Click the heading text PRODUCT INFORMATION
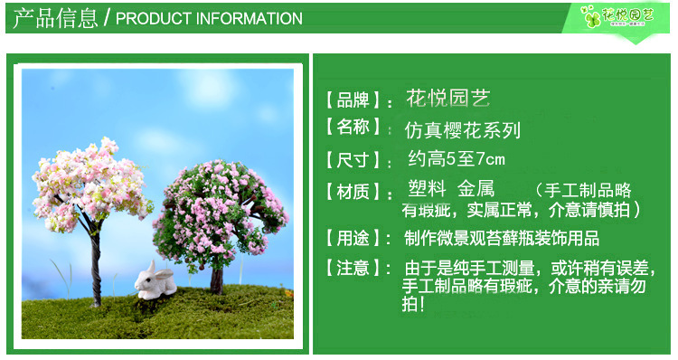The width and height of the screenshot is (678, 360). pyautogui.click(x=209, y=18)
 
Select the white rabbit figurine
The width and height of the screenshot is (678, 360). pyautogui.click(x=155, y=283)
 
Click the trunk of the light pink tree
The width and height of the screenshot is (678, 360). pyautogui.click(x=97, y=262)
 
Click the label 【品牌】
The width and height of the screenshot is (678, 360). pyautogui.click(x=354, y=99)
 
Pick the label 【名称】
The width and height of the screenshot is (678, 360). pyautogui.click(x=354, y=128)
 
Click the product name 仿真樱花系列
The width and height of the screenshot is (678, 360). pyautogui.click(x=463, y=129)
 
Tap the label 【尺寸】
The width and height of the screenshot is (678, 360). pyautogui.click(x=354, y=160)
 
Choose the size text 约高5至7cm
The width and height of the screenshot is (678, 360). pyautogui.click(x=456, y=160)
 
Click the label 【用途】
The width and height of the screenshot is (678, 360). pyautogui.click(x=354, y=239)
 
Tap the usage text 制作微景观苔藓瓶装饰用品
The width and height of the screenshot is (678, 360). pyautogui.click(x=502, y=239)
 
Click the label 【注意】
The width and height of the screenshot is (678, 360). pyautogui.click(x=354, y=268)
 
